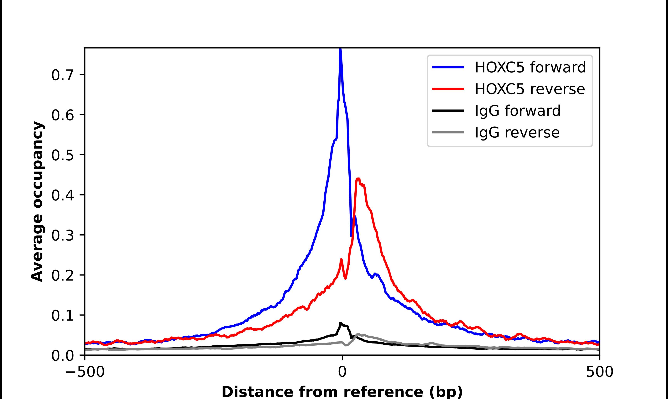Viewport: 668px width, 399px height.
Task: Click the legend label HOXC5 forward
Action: coord(530,67)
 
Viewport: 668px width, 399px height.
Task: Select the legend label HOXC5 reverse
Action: coord(530,89)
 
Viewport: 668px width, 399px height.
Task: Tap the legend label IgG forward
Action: coord(518,111)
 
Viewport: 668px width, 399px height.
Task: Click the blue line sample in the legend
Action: coord(448,67)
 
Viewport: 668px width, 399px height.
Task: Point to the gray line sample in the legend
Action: coord(448,132)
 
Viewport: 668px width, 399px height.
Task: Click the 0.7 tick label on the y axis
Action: coord(62,75)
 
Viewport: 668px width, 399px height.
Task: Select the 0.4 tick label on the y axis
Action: coord(62,195)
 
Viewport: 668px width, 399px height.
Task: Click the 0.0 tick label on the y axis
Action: coord(62,356)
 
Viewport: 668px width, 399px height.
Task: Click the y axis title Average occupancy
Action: coord(37,201)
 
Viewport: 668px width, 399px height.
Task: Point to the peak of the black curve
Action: coord(341,323)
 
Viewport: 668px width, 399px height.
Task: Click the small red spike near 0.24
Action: coord(341,259)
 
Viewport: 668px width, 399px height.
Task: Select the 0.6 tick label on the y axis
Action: coord(62,115)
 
